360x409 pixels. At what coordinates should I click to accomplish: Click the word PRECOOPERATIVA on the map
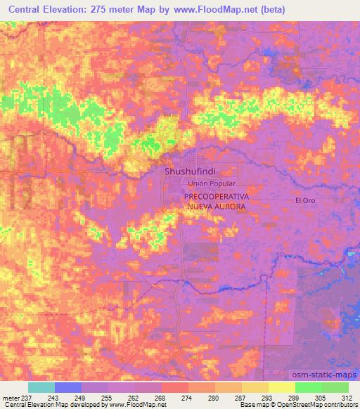(214, 198)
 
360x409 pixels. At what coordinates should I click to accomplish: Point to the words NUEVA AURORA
(214, 208)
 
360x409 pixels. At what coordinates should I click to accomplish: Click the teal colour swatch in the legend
(41, 387)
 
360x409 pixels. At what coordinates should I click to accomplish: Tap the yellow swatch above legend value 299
(282, 387)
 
